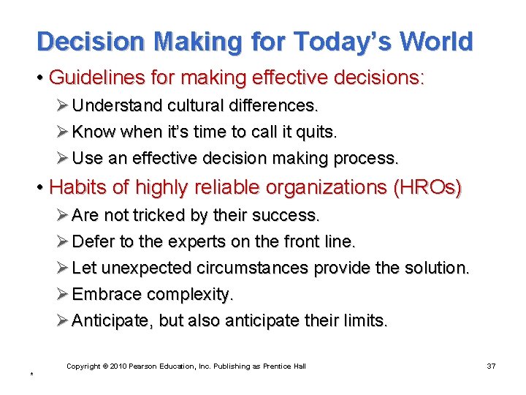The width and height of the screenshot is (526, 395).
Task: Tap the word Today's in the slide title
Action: tap(336, 42)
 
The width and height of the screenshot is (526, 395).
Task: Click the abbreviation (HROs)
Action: tap(427, 187)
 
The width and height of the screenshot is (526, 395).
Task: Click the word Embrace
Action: tap(107, 294)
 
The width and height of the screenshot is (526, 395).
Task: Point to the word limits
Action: tap(366, 320)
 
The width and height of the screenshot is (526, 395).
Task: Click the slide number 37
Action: tap(490, 366)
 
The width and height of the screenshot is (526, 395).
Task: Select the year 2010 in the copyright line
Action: tap(118, 366)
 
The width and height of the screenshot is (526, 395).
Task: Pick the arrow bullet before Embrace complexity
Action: tap(64, 294)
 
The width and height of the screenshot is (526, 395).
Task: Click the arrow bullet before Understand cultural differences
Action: tap(64, 105)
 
